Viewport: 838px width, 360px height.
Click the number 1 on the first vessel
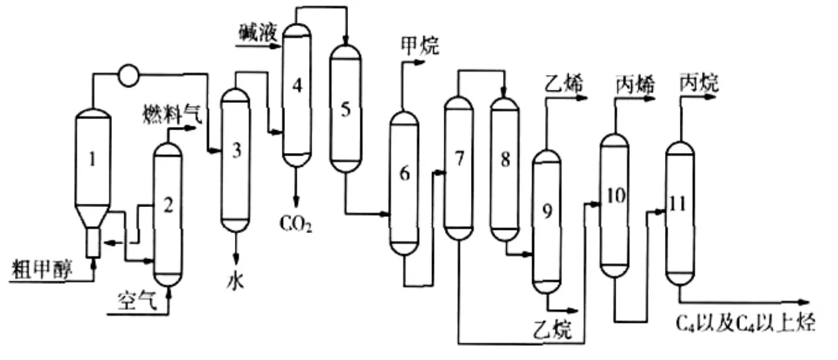[x=92, y=159]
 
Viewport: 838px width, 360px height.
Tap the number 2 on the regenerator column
[x=168, y=206]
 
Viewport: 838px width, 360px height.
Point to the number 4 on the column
[x=297, y=85]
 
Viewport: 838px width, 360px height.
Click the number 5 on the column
[x=345, y=109]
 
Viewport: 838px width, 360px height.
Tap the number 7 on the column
[x=459, y=159]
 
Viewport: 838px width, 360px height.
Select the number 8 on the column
[x=505, y=159]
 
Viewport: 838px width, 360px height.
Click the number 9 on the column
[x=547, y=210]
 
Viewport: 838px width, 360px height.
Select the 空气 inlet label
[x=137, y=301]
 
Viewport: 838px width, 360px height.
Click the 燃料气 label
[x=172, y=115]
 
